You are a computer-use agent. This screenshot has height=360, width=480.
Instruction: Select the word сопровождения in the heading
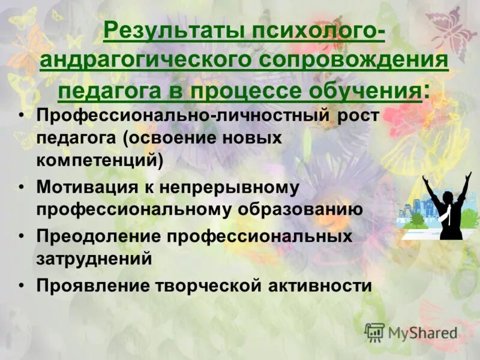354,61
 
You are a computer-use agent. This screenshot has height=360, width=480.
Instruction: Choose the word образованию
304,209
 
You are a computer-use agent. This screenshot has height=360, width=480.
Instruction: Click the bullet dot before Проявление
22,286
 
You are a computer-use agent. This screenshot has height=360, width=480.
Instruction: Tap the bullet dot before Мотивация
22,188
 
